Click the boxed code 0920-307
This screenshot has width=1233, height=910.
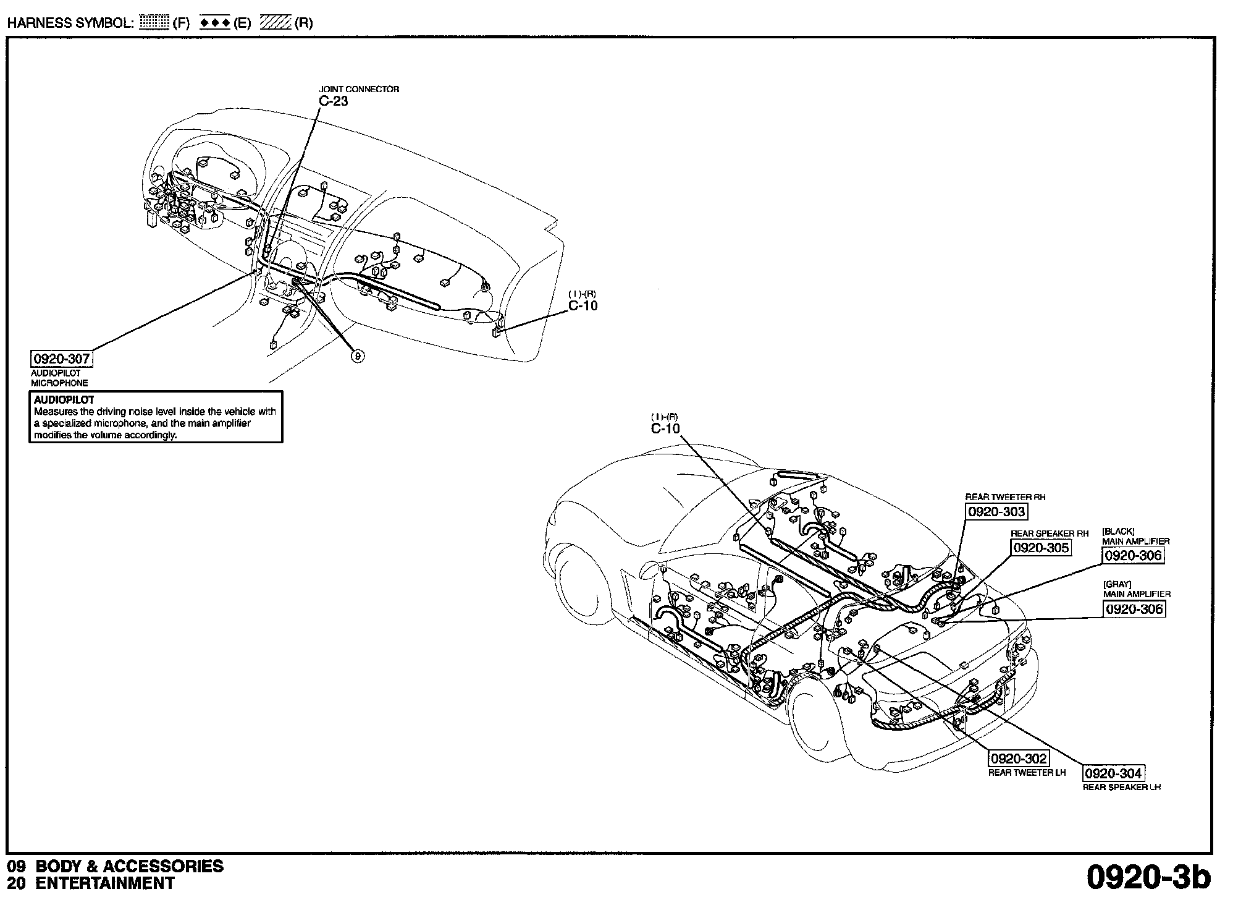point(62,359)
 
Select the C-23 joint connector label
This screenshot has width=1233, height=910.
point(334,101)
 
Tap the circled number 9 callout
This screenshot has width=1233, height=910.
point(358,355)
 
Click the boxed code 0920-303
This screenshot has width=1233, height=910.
point(996,511)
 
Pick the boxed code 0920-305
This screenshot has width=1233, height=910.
point(1041,547)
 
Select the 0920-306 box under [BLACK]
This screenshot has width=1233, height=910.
point(1134,555)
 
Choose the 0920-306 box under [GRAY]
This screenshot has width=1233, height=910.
point(1134,609)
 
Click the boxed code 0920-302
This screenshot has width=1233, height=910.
point(1019,759)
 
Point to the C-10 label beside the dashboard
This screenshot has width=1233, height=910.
point(583,305)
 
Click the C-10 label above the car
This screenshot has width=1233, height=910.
point(665,428)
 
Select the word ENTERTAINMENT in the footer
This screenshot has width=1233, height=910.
point(105,883)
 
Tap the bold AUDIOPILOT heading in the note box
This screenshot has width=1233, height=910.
point(64,400)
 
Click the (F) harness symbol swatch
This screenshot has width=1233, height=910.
point(154,23)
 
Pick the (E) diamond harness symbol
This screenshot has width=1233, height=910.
point(216,23)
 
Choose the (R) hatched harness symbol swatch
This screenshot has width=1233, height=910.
point(276,23)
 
